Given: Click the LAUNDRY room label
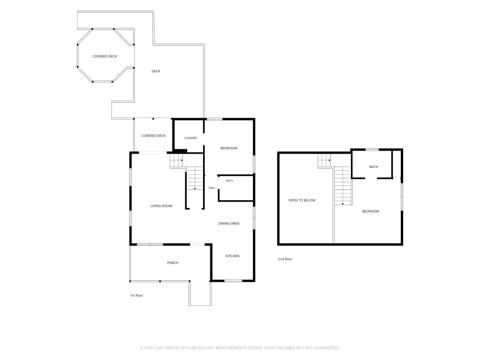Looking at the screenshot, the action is [191, 138].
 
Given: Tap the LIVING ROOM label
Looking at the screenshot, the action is [161, 206].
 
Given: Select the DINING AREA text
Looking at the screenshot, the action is [228, 224].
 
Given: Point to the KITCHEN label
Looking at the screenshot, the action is [232, 256].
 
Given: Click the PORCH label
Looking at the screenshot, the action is [173, 263].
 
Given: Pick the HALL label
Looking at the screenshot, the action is [212, 188].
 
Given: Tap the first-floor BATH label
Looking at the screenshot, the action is [229, 181].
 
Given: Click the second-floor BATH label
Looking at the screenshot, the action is [373, 167].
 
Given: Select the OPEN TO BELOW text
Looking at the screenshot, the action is [302, 200].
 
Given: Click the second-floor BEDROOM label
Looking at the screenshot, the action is [371, 211].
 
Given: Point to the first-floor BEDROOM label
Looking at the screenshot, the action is [228, 148].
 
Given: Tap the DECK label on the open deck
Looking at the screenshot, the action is [156, 71].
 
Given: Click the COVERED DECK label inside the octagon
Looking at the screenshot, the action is [105, 56].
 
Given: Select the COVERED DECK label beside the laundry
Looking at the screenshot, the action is [154, 136].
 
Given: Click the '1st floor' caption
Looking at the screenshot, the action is [136, 295].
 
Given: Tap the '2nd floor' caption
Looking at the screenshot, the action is [285, 259].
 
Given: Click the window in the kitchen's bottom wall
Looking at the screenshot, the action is [233, 281].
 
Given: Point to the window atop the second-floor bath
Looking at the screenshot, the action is [372, 150].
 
